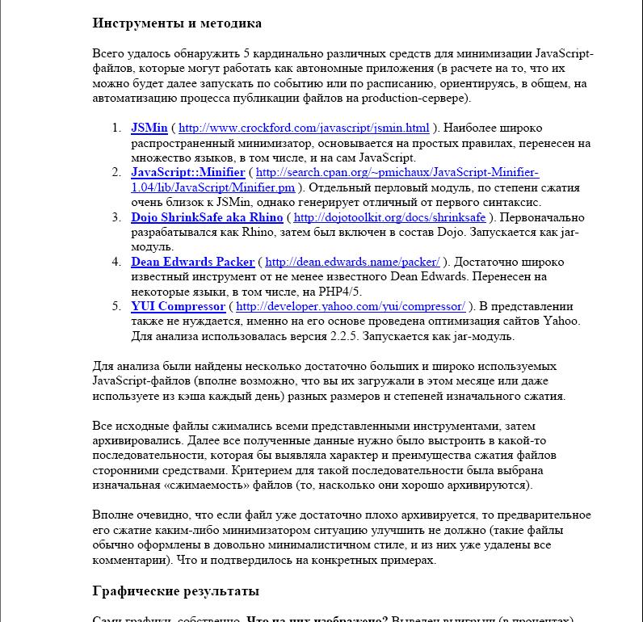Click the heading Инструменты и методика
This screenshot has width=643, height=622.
177,23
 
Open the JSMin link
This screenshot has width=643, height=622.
149,128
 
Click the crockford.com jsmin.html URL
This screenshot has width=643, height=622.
304,128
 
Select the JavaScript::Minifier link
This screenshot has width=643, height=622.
188,172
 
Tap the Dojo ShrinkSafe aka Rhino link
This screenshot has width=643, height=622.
207,217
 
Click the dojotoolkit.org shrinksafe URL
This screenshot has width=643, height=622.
389,217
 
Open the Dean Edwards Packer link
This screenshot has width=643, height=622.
192,262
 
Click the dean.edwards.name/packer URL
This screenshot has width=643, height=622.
352,262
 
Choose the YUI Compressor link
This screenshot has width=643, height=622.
178,306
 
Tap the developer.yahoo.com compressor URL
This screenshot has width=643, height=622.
351,306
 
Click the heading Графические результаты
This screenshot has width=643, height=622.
176,590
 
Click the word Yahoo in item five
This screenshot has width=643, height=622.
562,322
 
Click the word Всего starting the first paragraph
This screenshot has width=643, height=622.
109,54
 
